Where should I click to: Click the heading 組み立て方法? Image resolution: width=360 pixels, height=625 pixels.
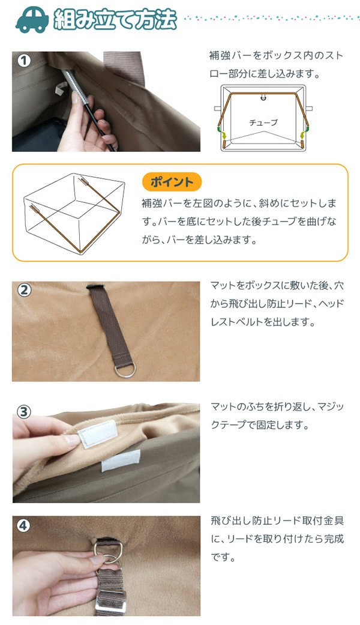click(115, 19)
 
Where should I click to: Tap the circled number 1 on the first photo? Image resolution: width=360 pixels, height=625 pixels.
click(23, 61)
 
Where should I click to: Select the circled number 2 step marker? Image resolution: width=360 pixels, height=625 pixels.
click(24, 290)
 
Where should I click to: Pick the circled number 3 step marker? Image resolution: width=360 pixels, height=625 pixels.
click(23, 411)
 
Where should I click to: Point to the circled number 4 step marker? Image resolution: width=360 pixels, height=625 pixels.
click(23, 526)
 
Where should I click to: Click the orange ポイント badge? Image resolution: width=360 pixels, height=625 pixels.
click(172, 182)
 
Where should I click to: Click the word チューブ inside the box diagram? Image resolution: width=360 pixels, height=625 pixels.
click(263, 122)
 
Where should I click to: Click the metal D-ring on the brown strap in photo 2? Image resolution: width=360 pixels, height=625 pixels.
click(125, 370)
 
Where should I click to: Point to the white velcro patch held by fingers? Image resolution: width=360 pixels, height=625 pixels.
click(97, 433)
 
